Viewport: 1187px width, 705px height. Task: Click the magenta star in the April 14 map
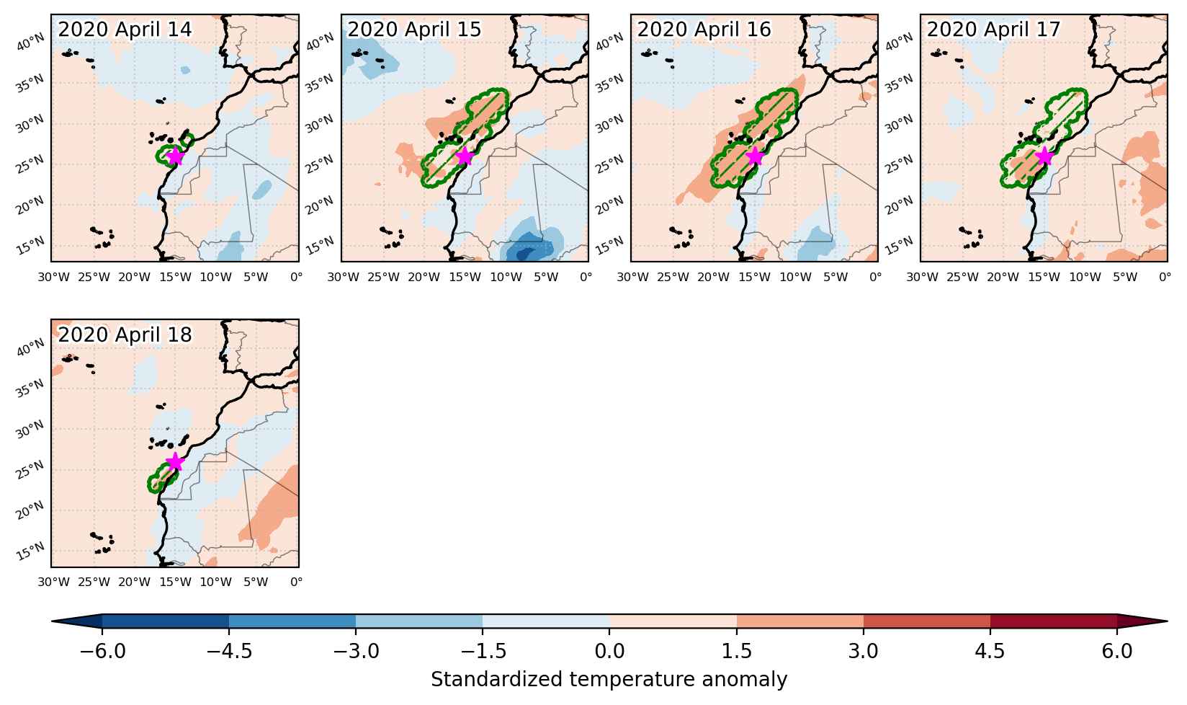point(175,156)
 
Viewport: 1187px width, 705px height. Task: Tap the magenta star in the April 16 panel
point(755,156)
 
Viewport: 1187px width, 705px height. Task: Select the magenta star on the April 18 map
point(175,462)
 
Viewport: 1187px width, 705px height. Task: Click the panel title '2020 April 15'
point(414,29)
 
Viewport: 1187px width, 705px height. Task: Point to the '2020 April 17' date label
point(993,29)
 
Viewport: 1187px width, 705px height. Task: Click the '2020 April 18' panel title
point(125,334)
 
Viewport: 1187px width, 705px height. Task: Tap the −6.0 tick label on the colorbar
point(102,650)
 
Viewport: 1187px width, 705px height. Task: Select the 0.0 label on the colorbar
point(609,650)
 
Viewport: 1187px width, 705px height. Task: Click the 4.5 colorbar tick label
point(990,650)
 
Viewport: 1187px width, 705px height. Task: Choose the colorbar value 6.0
point(1117,650)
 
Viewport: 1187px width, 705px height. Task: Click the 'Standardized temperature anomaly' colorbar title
point(609,680)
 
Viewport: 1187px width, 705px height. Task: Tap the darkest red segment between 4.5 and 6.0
point(1054,621)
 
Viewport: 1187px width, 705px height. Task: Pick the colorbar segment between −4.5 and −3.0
point(292,621)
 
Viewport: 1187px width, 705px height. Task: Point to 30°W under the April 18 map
point(53,582)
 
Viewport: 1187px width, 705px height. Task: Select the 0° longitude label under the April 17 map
point(1164,277)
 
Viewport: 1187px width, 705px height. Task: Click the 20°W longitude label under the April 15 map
point(424,277)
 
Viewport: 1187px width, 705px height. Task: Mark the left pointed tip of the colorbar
point(52,621)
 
